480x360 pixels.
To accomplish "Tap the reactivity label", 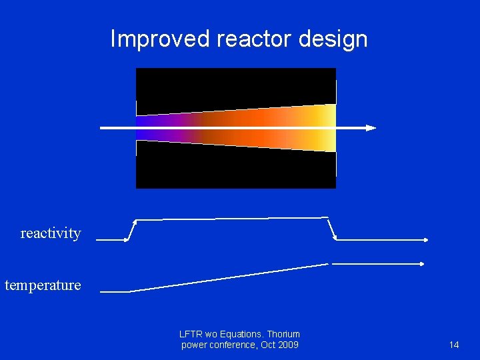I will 51,233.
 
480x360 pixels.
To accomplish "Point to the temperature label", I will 43,285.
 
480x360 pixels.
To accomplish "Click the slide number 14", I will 454,345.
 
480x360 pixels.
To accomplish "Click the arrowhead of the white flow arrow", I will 371,127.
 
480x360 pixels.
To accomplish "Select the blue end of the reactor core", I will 143,127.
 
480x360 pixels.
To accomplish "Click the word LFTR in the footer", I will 191,334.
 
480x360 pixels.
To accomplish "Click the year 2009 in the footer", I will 287,345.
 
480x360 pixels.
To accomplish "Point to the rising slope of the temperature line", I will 227,277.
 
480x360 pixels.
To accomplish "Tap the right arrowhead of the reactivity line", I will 425,239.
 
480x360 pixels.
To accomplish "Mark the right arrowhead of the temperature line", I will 421,264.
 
